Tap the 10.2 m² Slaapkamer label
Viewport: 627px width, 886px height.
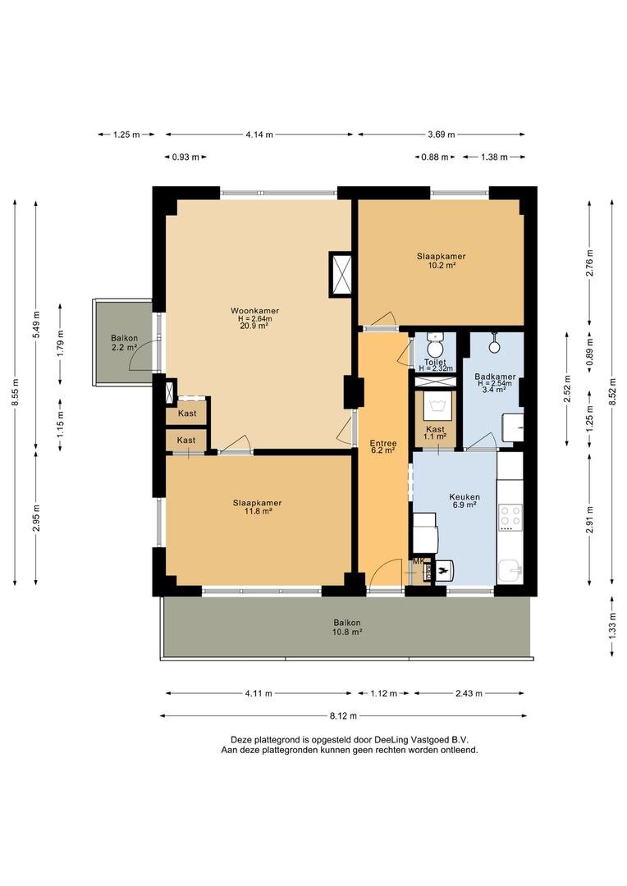point(441,261)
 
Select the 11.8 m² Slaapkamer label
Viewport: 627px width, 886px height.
point(257,506)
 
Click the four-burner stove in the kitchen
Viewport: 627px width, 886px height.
point(510,516)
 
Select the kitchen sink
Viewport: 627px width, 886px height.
point(511,571)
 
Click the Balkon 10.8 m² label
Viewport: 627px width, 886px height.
point(347,627)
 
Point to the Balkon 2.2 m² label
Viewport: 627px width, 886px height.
point(125,343)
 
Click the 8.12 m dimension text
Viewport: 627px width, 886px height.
point(342,715)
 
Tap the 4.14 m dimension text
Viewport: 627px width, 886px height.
point(259,135)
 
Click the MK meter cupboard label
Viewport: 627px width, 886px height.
point(419,561)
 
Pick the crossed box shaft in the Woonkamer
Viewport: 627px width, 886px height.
point(341,275)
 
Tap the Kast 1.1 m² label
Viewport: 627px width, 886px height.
point(435,433)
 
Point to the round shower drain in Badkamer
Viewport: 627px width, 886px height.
point(494,346)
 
